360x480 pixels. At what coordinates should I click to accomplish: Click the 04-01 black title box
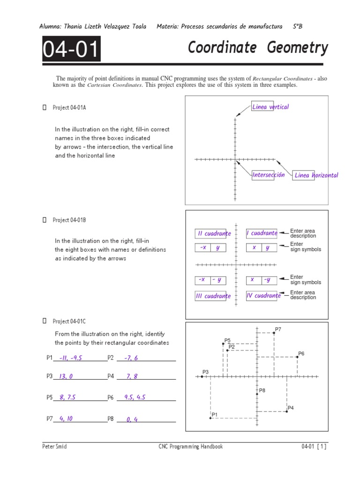click(71, 49)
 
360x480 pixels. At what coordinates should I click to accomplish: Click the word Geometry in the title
click(298, 47)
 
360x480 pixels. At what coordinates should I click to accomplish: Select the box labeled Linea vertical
click(270, 107)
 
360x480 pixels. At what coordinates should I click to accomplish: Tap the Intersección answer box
click(268, 175)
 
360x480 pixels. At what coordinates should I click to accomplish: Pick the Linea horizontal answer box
click(315, 175)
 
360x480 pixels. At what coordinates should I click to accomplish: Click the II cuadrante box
click(213, 233)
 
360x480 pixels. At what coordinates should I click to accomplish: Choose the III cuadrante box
click(213, 296)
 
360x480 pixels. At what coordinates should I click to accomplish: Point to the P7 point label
click(278, 330)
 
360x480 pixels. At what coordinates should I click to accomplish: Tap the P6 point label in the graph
click(301, 353)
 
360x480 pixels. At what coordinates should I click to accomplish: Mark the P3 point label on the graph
click(205, 372)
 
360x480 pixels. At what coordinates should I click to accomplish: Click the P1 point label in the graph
click(215, 414)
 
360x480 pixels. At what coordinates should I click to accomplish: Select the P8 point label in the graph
click(262, 390)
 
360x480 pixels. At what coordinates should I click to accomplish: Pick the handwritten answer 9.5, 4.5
click(135, 397)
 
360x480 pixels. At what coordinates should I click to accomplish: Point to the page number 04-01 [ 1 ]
click(314, 447)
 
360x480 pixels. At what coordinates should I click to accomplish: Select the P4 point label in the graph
click(291, 408)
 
